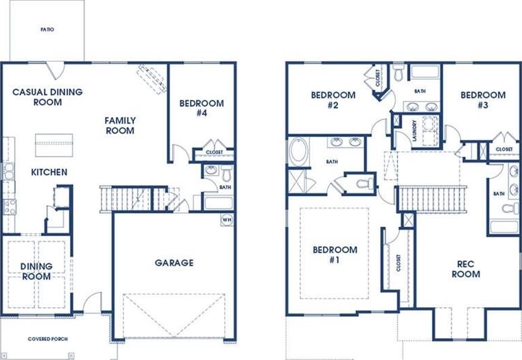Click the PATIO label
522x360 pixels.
click(47, 29)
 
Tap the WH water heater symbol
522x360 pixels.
click(227, 220)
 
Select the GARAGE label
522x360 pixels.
click(174, 263)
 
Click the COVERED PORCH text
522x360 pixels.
click(47, 339)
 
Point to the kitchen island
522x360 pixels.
click(54, 145)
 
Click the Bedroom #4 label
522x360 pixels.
click(202, 108)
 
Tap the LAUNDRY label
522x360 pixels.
click(414, 131)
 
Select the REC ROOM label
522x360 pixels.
click(466, 269)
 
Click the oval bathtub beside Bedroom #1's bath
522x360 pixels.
click(299, 152)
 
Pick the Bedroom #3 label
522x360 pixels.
click(483, 100)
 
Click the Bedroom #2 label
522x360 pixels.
click(333, 100)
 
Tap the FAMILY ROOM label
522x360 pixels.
click(120, 125)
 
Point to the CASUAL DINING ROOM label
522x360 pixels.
click(47, 97)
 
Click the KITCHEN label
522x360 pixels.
click(49, 172)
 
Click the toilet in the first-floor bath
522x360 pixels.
click(227, 173)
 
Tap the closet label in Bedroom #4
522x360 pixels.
click(215, 152)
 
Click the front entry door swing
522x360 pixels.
click(92, 302)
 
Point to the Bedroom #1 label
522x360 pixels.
click(335, 254)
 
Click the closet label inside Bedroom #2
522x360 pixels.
click(377, 78)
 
